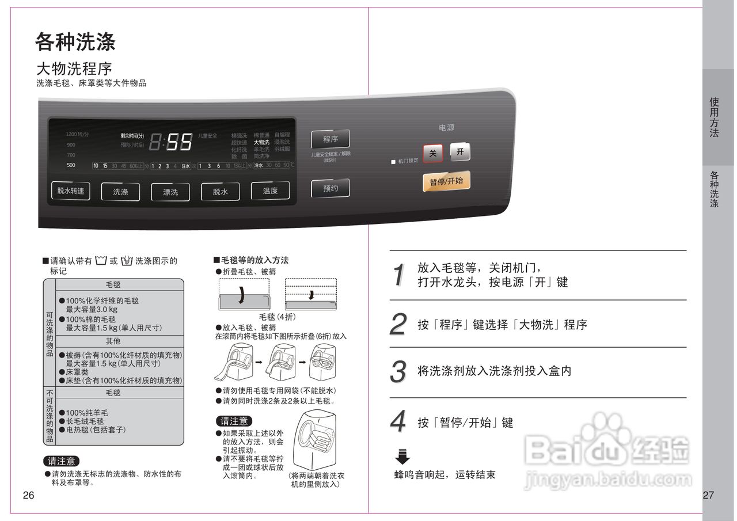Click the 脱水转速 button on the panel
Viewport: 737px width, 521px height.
click(x=71, y=191)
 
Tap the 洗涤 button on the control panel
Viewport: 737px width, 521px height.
click(x=121, y=192)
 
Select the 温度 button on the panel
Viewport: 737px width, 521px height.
click(x=270, y=191)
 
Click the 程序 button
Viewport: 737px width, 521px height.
click(x=330, y=139)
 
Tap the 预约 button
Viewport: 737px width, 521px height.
click(x=330, y=188)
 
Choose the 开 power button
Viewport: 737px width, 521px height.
click(x=460, y=152)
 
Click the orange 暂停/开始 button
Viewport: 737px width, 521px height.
click(x=446, y=181)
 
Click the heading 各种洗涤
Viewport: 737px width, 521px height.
click(x=75, y=41)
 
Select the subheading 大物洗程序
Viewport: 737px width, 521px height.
click(x=74, y=69)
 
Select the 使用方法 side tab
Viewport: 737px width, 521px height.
click(x=715, y=117)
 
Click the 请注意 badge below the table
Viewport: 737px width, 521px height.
click(x=62, y=461)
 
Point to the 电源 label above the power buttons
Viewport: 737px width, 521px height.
click(x=447, y=128)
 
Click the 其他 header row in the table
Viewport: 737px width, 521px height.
click(x=113, y=341)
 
